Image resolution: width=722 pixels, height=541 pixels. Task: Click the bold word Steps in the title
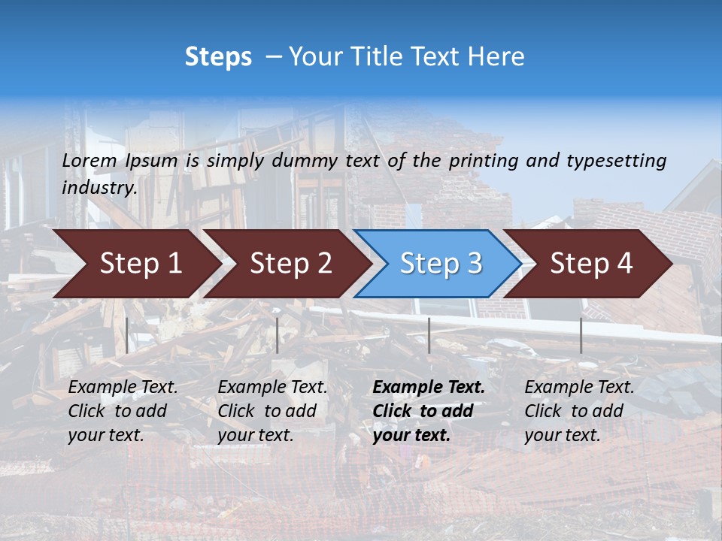218,56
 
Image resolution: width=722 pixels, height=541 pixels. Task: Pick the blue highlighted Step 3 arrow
441,263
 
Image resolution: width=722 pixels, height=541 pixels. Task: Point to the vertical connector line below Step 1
127,335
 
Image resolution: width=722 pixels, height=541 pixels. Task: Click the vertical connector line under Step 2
278,335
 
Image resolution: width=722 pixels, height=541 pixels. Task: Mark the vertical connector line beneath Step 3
429,335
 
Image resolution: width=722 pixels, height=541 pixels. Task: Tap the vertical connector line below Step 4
581,335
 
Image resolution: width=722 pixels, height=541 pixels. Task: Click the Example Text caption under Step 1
123,411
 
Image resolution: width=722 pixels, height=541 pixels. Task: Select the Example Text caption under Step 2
272,411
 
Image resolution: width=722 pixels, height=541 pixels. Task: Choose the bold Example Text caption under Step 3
429,411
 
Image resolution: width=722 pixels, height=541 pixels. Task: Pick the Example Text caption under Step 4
579,411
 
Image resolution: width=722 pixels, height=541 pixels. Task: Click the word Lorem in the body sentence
89,160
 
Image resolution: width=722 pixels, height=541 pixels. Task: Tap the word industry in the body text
98,187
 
